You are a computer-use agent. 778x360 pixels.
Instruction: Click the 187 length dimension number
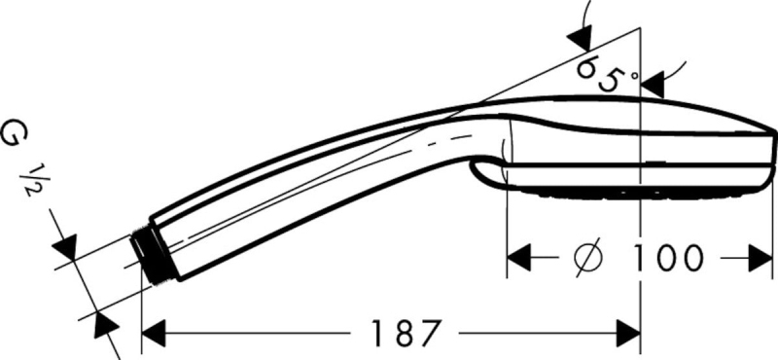click(406, 333)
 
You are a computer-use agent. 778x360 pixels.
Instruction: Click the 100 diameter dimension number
click(667, 258)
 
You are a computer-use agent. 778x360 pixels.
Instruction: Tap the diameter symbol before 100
click(588, 258)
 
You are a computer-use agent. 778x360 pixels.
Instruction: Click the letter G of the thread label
click(14, 133)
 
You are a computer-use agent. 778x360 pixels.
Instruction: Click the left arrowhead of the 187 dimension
click(154, 333)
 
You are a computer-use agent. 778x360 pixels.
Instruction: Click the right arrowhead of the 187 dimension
click(628, 333)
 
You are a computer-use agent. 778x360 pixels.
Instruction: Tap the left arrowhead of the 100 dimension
click(518, 258)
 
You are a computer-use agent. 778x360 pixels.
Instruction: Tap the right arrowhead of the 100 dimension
click(760, 258)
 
